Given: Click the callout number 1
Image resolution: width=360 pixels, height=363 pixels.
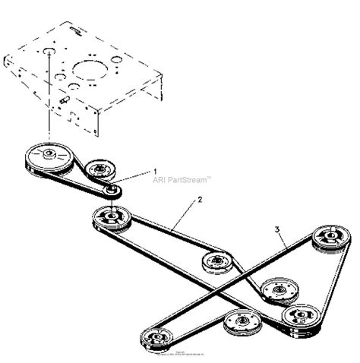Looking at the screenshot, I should [156, 172].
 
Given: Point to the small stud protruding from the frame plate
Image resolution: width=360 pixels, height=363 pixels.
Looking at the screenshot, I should [63, 97].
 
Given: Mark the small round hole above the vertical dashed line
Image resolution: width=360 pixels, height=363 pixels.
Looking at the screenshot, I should [48, 52].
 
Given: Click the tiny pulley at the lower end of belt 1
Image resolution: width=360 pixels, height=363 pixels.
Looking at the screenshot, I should [112, 190].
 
